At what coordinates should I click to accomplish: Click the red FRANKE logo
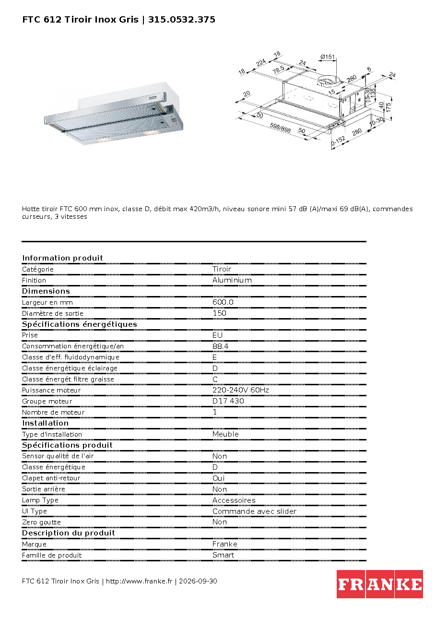point(379,584)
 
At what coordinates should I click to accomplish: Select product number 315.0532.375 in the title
point(181,20)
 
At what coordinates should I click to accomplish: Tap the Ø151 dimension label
point(328,57)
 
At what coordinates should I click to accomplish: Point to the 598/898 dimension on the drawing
point(280,128)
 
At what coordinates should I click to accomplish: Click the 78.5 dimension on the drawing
point(279,70)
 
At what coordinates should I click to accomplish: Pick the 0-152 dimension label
point(338,141)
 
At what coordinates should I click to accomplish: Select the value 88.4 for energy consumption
point(220,346)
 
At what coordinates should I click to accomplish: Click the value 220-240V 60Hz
point(240,390)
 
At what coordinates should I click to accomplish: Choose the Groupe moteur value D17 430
point(228,401)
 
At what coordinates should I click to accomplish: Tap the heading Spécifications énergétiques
point(79,324)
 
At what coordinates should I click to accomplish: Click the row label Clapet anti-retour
point(51,478)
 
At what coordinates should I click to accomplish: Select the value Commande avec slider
point(254,511)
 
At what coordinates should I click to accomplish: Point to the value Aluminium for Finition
point(232,280)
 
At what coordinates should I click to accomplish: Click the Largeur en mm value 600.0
point(223,302)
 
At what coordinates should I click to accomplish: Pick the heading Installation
point(45,423)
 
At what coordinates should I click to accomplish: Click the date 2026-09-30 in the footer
point(198,581)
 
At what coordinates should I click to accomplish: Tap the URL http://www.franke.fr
point(139,581)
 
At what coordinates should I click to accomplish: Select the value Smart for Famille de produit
point(223,555)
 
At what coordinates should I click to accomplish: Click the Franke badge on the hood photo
point(153,98)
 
